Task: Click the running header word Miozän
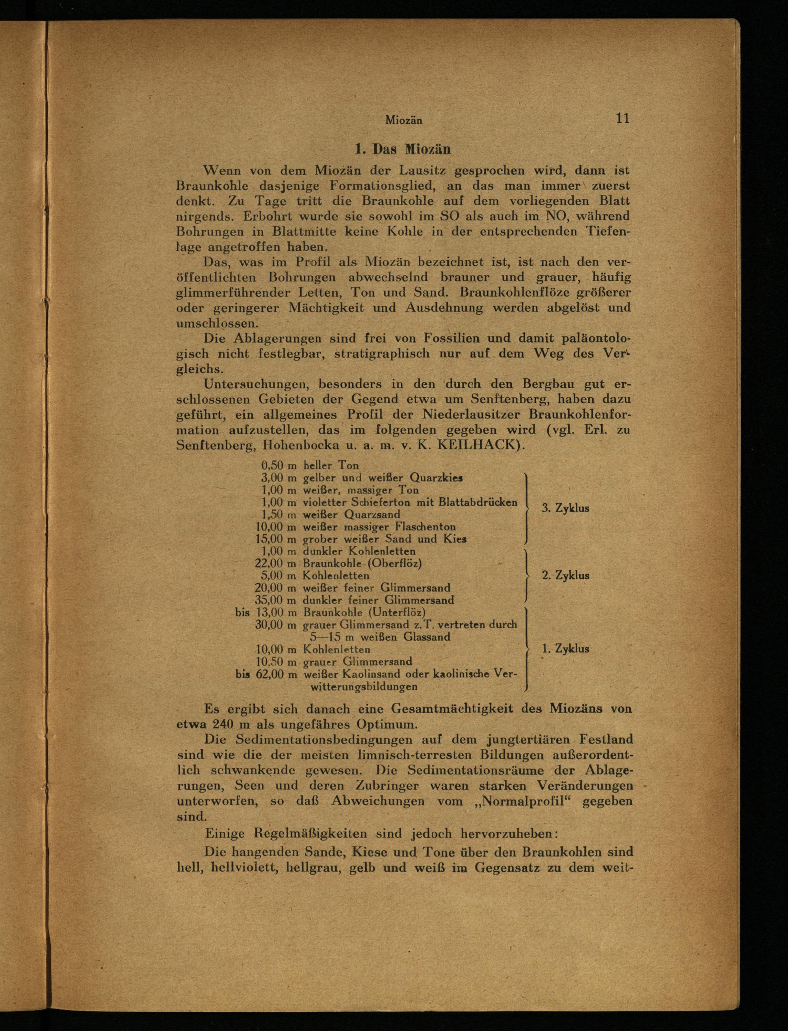[x=403, y=121]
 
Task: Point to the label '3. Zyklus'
[x=565, y=508]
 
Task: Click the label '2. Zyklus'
[x=565, y=575]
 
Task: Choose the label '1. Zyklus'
[x=565, y=649]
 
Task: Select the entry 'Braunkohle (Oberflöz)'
[x=362, y=563]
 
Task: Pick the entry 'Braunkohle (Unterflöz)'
[x=364, y=612]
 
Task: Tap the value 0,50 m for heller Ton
[x=279, y=465]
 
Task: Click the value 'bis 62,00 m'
[x=266, y=674]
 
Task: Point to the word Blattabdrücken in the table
[x=478, y=502]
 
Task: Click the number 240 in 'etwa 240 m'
[x=217, y=724]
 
